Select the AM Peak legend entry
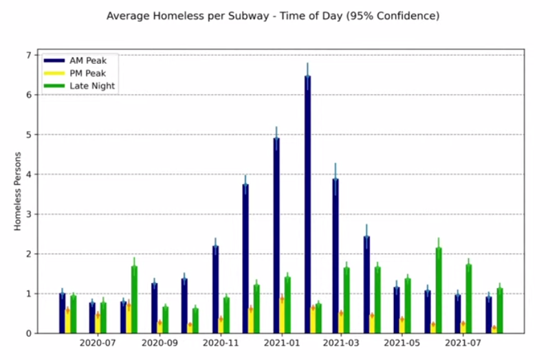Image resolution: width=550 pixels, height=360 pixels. click(87, 60)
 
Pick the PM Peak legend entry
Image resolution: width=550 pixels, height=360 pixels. click(87, 73)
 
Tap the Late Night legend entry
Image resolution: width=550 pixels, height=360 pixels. click(91, 86)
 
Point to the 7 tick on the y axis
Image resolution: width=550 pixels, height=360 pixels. click(27, 55)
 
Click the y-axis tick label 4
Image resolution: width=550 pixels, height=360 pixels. click(27, 175)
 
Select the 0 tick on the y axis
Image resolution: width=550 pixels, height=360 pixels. click(27, 333)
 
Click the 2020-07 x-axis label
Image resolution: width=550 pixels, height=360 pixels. click(97, 342)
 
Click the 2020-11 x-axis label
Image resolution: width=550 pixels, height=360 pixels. click(220, 342)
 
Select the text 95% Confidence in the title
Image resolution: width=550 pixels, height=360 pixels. click(395, 15)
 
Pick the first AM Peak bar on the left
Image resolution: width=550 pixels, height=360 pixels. click(63, 313)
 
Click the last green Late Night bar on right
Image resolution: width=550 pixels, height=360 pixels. click(500, 311)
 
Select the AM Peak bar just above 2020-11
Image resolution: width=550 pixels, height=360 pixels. click(215, 289)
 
